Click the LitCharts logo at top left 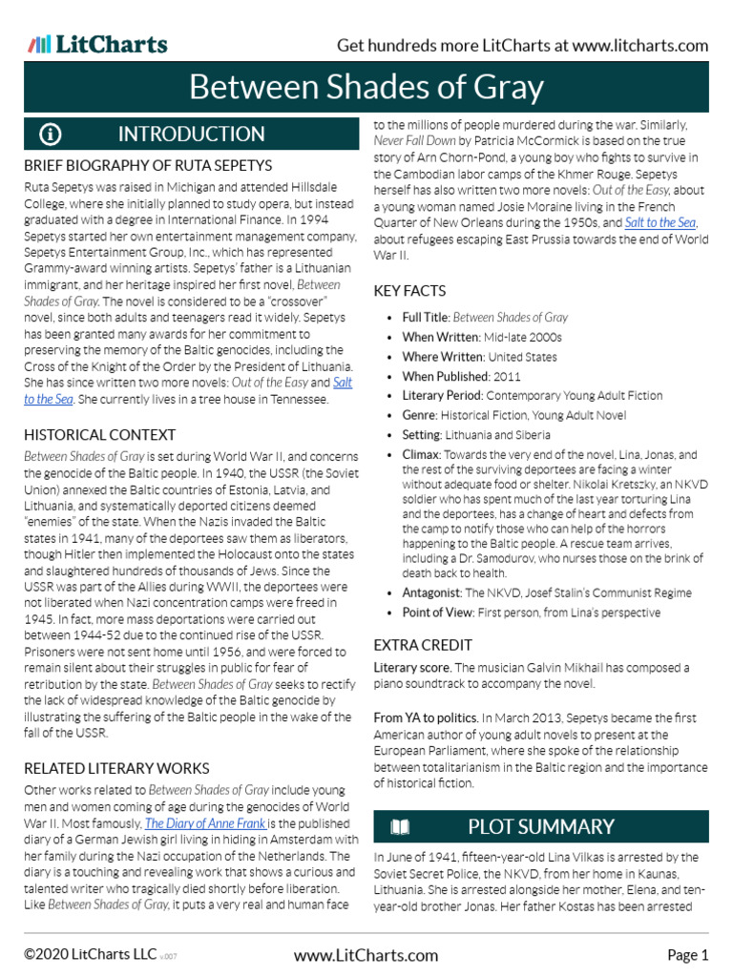tap(98, 44)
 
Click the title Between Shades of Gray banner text tap(366, 88)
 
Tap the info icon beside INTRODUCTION tap(51, 134)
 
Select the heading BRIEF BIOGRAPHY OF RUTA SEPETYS tap(148, 165)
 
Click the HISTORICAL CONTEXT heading tap(100, 434)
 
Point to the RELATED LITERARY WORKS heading tap(116, 768)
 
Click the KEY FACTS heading tap(409, 290)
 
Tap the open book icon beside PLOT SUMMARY tap(401, 826)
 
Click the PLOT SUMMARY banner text tap(541, 826)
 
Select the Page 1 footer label tap(687, 955)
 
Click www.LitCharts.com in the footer tap(366, 955)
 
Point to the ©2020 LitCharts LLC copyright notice tap(92, 955)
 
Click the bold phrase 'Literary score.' tap(412, 668)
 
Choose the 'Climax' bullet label tap(421, 455)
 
